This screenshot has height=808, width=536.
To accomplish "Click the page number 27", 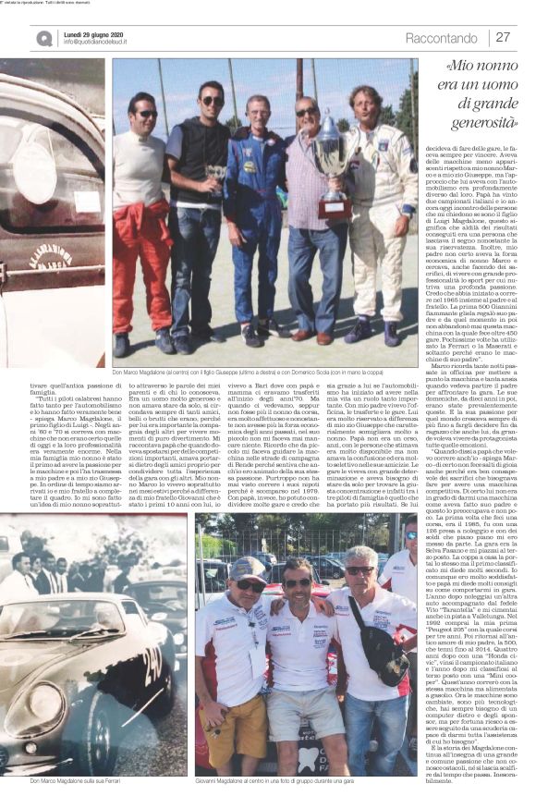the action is click(x=503, y=37).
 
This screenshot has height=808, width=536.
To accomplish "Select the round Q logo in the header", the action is click(x=44, y=38).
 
